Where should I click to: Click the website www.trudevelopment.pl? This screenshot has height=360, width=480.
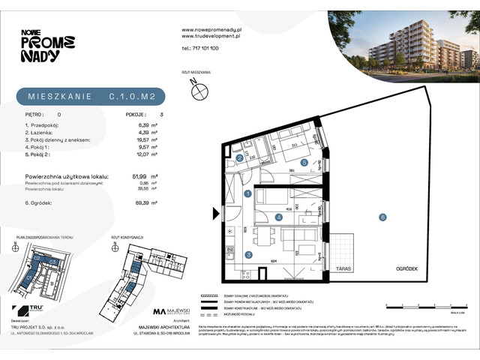[210, 35]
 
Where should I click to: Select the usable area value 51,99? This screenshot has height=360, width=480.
[138, 175]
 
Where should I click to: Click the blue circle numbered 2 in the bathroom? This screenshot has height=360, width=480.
[238, 159]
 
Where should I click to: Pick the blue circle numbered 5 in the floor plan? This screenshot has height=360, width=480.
[303, 162]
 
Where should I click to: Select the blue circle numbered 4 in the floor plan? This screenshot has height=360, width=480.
[278, 218]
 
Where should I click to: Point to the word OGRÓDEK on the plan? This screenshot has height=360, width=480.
[402, 267]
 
